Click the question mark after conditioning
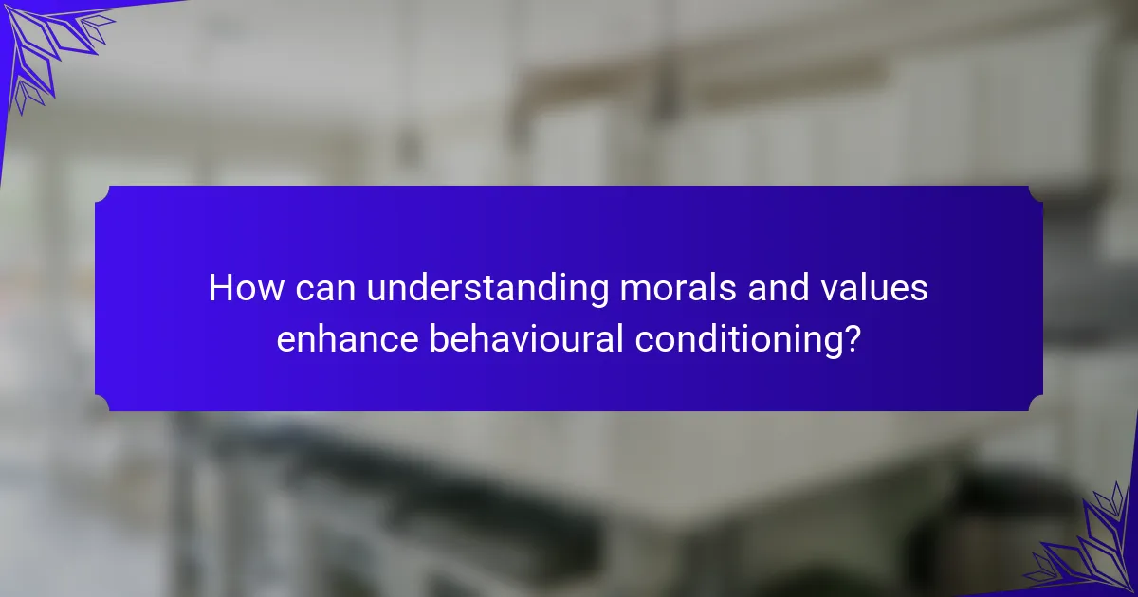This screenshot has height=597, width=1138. (x=853, y=337)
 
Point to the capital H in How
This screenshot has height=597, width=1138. (x=221, y=288)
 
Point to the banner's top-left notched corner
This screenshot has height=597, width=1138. (x=102, y=193)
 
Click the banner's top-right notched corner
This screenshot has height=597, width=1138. (x=1036, y=193)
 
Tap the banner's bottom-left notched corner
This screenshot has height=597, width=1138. (x=102, y=404)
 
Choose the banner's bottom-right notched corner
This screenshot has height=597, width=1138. (x=1036, y=404)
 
